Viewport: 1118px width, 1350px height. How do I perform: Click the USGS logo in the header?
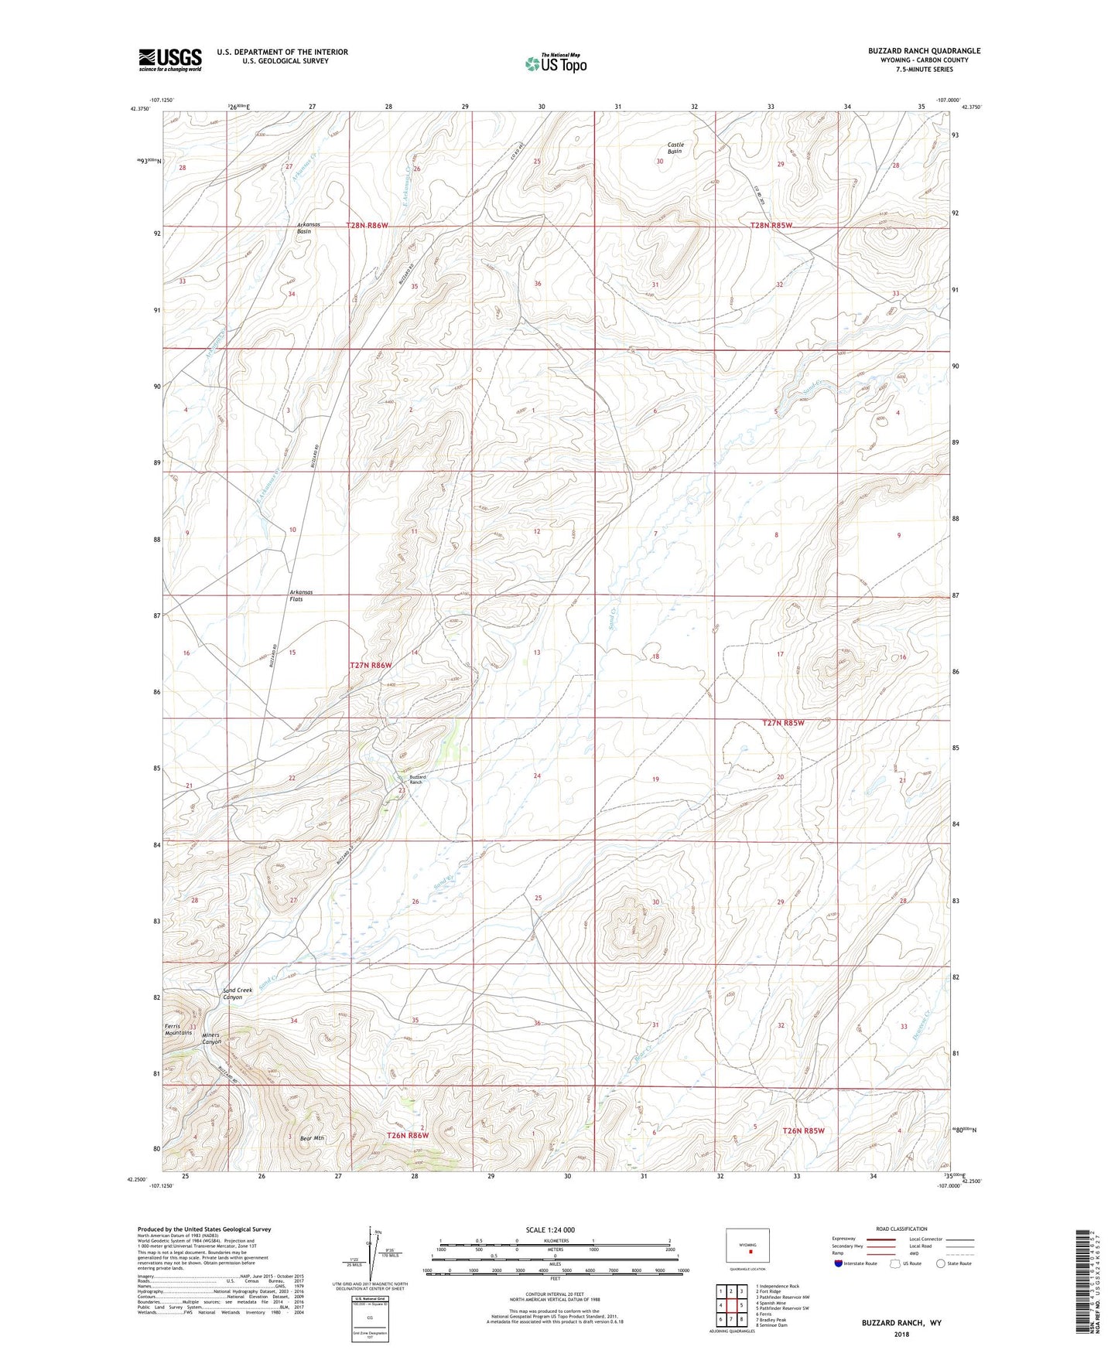click(x=170, y=60)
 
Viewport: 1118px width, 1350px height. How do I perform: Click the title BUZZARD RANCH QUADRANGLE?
click(x=924, y=51)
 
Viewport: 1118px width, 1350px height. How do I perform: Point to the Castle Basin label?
click(x=675, y=148)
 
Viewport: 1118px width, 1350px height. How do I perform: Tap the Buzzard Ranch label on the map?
click(x=417, y=779)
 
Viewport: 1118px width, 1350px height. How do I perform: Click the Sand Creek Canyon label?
click(x=238, y=994)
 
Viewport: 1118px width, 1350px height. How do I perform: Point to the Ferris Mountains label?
click(x=178, y=1029)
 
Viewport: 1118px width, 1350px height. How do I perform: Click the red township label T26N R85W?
click(x=803, y=1130)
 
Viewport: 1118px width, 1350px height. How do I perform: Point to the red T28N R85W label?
click(x=771, y=225)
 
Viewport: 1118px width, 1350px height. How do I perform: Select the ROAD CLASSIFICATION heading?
click(x=901, y=1229)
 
